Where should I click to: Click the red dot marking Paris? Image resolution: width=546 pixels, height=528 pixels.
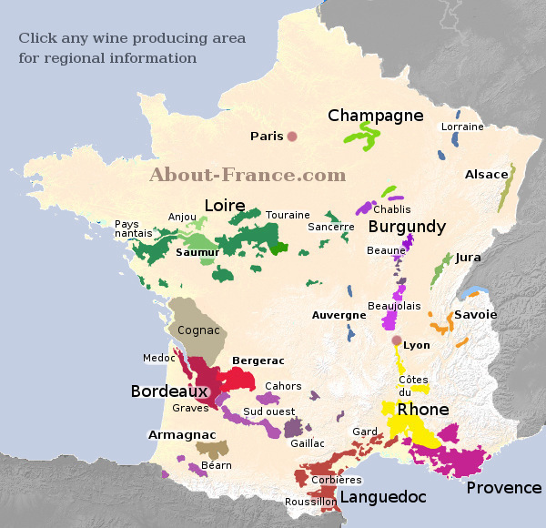292,137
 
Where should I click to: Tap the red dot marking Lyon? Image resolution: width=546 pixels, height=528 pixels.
396,341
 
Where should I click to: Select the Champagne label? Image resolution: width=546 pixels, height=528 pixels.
376,116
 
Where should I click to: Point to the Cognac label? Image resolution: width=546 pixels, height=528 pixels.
198,330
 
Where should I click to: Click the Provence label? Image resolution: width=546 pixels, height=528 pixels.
503,488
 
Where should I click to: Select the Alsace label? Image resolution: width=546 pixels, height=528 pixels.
486,175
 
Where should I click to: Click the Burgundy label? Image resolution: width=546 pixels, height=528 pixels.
407,227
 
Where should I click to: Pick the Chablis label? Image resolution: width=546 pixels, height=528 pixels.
391,209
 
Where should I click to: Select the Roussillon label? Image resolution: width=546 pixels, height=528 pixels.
310,502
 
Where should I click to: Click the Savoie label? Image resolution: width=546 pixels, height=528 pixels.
476,314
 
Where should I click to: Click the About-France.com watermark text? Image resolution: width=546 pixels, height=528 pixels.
248,175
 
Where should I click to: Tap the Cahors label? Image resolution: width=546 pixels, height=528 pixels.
283,386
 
